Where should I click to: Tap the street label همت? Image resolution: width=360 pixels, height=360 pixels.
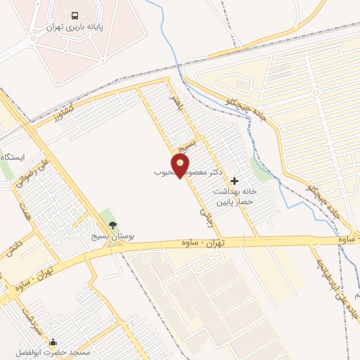[27, 209]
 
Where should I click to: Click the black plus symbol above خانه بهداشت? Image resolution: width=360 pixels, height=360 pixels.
[234, 181]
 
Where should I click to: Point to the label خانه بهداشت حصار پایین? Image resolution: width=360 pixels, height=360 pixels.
[237, 196]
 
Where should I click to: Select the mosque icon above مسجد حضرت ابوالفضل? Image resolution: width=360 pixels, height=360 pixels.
[53, 342]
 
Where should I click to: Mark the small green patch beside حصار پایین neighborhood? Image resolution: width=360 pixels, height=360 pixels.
[262, 169]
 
